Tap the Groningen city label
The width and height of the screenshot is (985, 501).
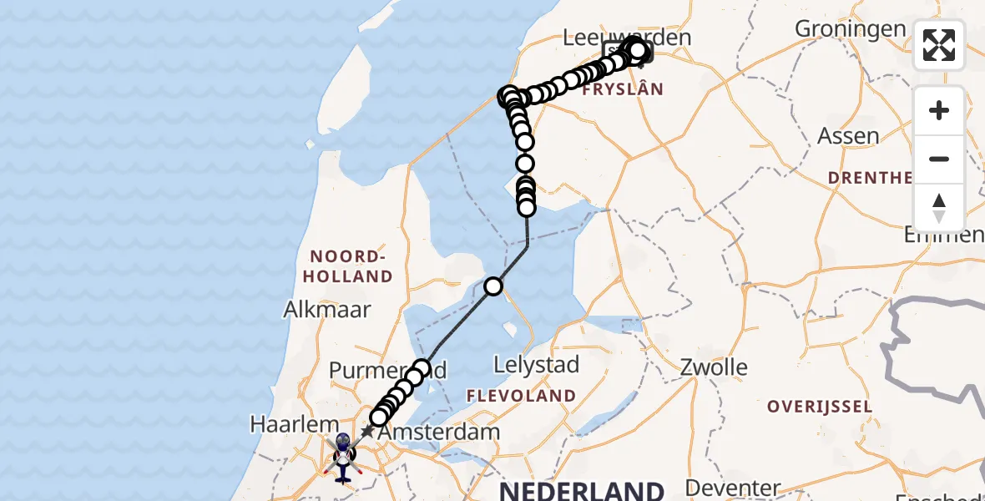850,28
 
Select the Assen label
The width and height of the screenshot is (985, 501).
848,135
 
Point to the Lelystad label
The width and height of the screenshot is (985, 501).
536,365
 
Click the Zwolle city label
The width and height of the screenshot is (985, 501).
714,367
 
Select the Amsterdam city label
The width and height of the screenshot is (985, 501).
439,433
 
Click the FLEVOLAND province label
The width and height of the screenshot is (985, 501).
521,395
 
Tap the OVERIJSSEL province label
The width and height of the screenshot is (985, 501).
820,407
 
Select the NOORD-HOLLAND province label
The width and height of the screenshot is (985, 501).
351,266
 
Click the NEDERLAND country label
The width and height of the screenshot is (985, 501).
582,490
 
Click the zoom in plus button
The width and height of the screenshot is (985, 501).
939,110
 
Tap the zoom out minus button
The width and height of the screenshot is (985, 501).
939,159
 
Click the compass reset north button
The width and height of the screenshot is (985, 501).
939,207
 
